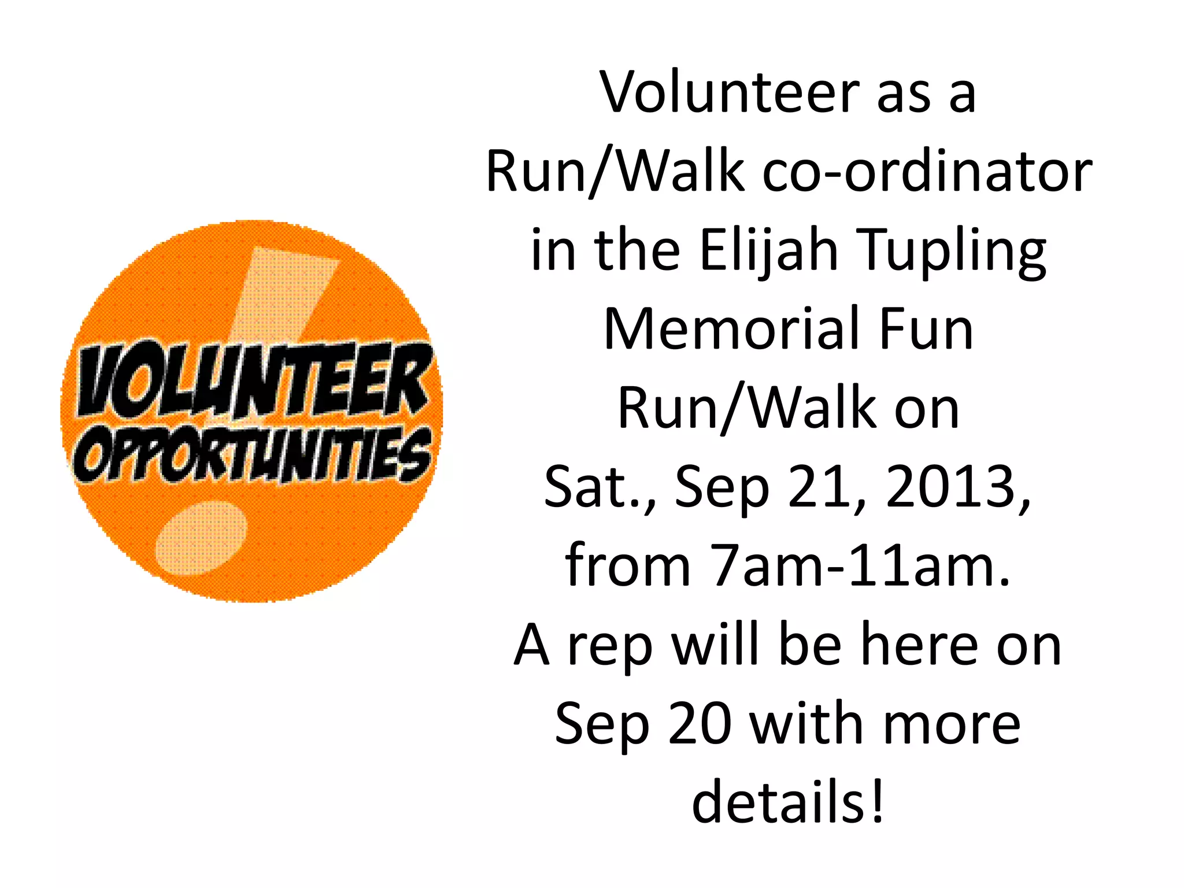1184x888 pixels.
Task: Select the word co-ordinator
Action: [927, 172]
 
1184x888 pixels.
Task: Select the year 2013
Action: [957, 487]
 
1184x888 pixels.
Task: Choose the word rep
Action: [610, 646]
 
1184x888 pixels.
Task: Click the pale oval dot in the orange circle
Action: [201, 538]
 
